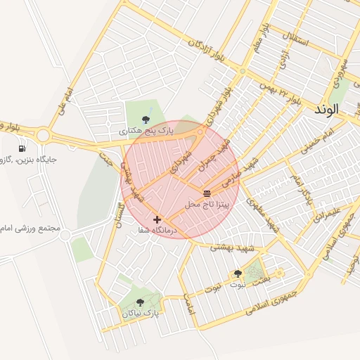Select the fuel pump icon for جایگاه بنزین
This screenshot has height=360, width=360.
coord(22,148)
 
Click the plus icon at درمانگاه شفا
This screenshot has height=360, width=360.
coord(157,220)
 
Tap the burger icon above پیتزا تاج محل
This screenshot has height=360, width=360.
coord(207,193)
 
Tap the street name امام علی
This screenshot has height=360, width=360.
coord(65,101)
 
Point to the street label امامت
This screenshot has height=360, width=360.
coord(188,304)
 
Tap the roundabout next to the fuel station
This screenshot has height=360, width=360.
coord(44,134)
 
